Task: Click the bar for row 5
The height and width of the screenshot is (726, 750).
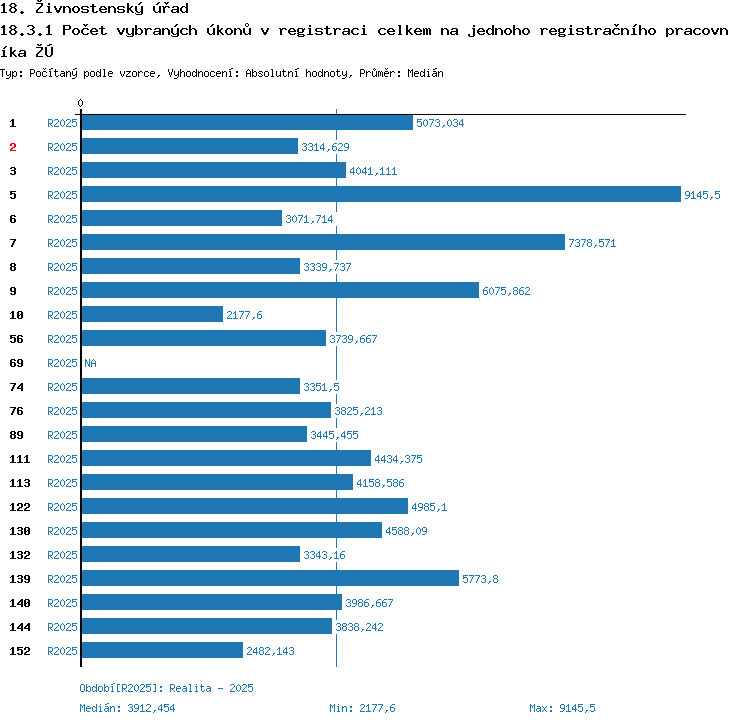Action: pos(381,195)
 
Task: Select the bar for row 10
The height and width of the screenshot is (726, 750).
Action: pos(152,315)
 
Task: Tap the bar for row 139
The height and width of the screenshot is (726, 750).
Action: pos(270,579)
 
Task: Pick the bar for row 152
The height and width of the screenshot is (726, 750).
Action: pos(162,651)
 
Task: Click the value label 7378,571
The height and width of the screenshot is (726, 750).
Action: pos(593,243)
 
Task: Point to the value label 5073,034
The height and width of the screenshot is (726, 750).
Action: pos(440,123)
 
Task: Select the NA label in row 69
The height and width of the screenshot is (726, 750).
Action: pos(90,363)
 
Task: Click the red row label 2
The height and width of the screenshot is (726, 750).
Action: pos(13,147)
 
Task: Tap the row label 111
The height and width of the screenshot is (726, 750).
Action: pos(20,459)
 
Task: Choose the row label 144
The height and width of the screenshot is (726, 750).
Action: pos(20,627)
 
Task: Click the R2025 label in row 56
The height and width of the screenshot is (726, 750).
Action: pos(62,339)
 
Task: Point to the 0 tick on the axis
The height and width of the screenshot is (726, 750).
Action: pos(81,104)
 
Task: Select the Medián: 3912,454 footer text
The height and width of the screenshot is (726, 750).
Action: pos(127,708)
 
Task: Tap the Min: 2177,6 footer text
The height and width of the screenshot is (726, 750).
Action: pos(362,708)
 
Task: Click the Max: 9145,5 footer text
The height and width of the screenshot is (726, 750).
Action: pos(562,708)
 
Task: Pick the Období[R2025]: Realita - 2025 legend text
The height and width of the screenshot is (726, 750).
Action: pos(166,688)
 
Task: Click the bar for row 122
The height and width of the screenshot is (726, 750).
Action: pos(244,507)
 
